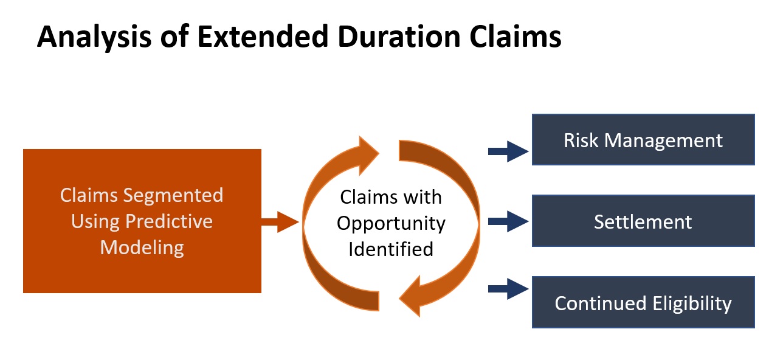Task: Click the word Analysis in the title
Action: point(94,37)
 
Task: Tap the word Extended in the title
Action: point(263,36)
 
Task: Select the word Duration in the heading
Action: point(399,36)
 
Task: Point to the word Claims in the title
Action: point(516,36)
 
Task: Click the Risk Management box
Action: point(643,139)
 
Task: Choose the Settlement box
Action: point(643,221)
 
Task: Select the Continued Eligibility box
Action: point(643,302)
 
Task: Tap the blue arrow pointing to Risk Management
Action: point(508,151)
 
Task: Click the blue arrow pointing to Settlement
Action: point(508,221)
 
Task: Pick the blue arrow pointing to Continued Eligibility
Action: point(508,289)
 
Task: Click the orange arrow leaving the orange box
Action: point(280,221)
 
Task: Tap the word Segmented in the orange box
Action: point(173,196)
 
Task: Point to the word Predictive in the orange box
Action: point(169,221)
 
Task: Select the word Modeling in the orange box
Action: point(142,248)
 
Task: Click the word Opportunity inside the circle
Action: point(391,224)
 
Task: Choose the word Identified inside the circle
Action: point(391,249)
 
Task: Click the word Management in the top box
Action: point(663,141)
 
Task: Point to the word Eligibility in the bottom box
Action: point(692,304)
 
